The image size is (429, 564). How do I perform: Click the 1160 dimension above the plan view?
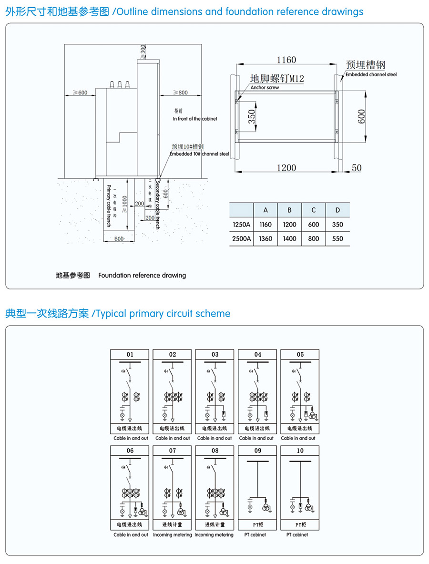[x=287, y=60]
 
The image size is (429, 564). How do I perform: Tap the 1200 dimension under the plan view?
[x=287, y=167]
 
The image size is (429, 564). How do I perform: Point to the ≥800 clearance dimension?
[x=180, y=92]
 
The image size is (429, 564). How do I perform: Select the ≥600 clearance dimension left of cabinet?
[x=80, y=92]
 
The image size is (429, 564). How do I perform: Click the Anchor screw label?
[x=265, y=88]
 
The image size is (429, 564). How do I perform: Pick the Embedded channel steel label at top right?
[x=371, y=75]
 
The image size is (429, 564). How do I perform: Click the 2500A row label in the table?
[x=241, y=238]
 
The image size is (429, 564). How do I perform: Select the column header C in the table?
[x=313, y=210]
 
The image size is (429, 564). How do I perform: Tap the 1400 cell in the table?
[x=289, y=238]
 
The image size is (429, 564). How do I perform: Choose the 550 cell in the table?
[x=337, y=238]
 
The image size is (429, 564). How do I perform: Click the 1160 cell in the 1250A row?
[x=266, y=225]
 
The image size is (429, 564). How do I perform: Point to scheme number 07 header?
[x=172, y=451]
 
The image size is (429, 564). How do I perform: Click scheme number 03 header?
[x=215, y=355]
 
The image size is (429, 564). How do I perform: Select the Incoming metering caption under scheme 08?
[x=214, y=534]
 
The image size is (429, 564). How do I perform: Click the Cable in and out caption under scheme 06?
[x=130, y=534]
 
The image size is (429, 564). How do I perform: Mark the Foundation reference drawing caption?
[x=142, y=275]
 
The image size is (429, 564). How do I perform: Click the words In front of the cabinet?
[x=194, y=119]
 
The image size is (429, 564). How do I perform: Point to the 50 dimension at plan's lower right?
[x=357, y=167]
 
